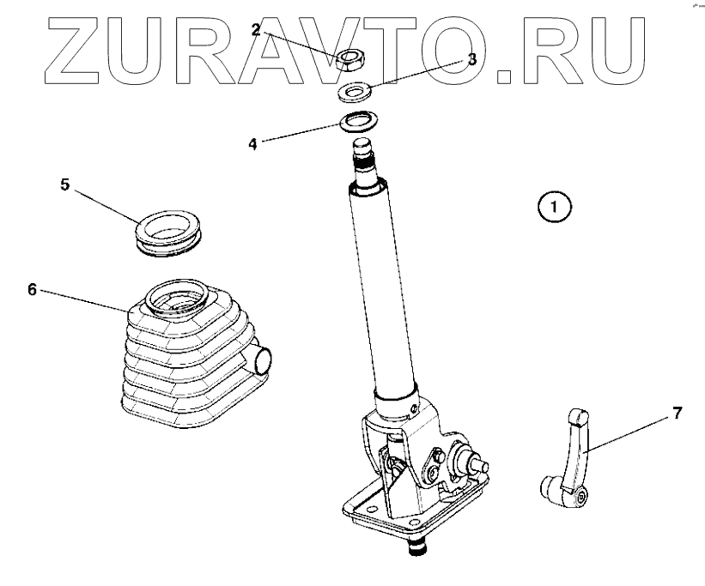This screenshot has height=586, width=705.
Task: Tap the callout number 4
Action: pos(252,143)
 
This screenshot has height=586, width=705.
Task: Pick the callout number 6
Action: pos(32,289)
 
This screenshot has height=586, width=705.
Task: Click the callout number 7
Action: pos(677,414)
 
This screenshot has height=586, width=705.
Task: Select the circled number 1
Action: pos(554,207)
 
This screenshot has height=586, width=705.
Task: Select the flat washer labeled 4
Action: pos(360,120)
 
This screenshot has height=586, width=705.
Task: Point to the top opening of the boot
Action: pos(176,299)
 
